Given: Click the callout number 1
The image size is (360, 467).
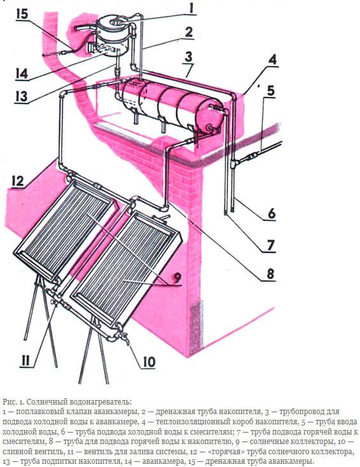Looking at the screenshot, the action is pyautogui.click(x=191, y=8).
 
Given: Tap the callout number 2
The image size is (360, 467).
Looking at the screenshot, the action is pyautogui.click(x=189, y=32).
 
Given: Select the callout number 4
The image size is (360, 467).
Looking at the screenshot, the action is pyautogui.click(x=272, y=60).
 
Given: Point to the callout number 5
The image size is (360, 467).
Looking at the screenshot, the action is pyautogui.click(x=270, y=90).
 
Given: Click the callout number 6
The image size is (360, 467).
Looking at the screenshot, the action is pyautogui.click(x=271, y=213).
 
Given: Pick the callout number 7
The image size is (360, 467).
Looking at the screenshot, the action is pyautogui.click(x=270, y=246).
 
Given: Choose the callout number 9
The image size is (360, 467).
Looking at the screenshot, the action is pyautogui.click(x=177, y=278).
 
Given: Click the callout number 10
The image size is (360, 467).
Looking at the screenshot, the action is pyautogui.click(x=149, y=362).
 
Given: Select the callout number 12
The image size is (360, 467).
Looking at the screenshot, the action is pyautogui.click(x=17, y=181).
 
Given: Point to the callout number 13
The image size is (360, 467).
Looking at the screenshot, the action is pyautogui.click(x=22, y=96).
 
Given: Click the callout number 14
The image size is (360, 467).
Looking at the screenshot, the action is pyautogui.click(x=22, y=73).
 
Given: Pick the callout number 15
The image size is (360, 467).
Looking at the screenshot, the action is pyautogui.click(x=22, y=14).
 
